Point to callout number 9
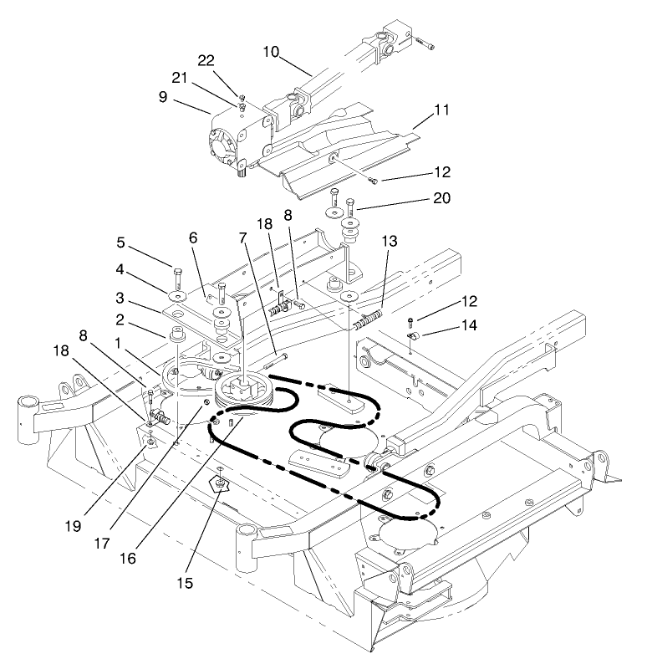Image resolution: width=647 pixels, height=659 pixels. (x=186, y=97)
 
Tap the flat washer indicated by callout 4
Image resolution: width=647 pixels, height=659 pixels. (x=178, y=297)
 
